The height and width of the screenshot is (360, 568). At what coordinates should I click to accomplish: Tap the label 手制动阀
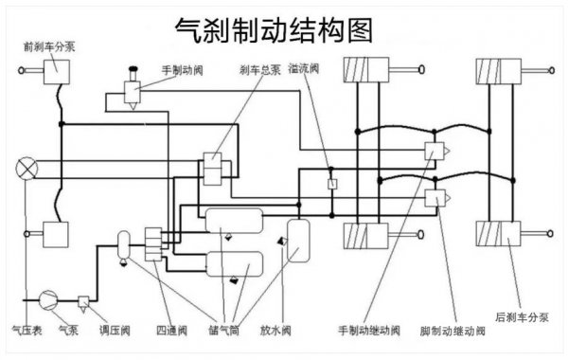point(182,69)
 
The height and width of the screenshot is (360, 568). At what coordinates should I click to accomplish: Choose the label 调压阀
point(113,332)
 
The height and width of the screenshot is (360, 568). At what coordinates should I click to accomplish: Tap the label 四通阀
point(168,332)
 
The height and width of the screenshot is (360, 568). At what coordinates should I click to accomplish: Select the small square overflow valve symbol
point(331,183)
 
